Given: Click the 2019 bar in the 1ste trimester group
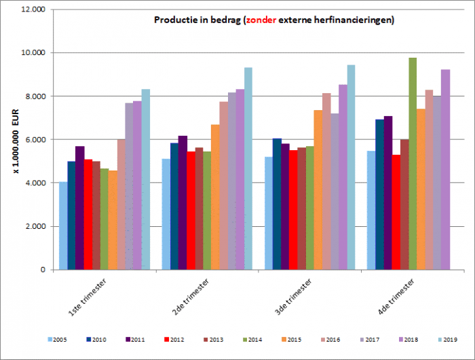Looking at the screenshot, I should pyautogui.click(x=146, y=179).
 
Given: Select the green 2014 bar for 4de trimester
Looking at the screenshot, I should pyautogui.click(x=413, y=164).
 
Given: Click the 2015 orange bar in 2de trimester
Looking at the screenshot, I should pyautogui.click(x=216, y=197).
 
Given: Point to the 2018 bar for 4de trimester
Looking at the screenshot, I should pyautogui.click(x=446, y=169).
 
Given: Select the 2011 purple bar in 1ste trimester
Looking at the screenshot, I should pyautogui.click(x=80, y=208).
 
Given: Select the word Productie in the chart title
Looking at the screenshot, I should pyautogui.click(x=174, y=20).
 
